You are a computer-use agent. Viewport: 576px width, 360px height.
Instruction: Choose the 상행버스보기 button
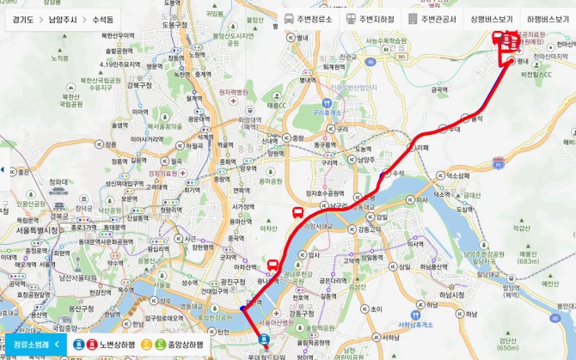point(490,18)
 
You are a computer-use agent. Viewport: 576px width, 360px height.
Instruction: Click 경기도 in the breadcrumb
point(22,18)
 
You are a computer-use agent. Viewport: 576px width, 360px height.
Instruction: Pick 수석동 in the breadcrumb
point(107,18)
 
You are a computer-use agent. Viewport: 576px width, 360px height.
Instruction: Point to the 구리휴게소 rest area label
point(328,113)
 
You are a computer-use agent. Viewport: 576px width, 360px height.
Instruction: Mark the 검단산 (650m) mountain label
point(509,344)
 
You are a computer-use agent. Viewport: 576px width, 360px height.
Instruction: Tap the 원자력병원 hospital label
point(233,92)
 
